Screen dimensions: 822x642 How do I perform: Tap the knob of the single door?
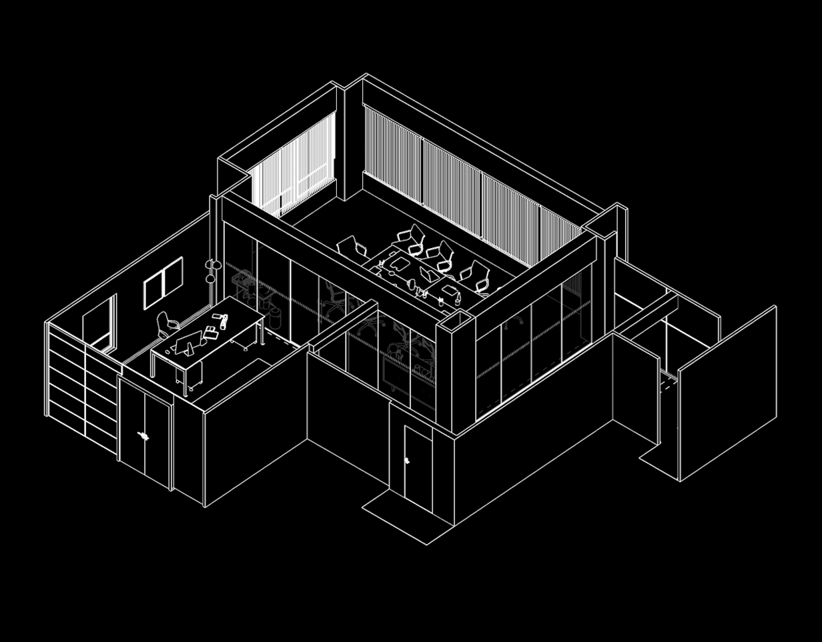[x=408, y=460]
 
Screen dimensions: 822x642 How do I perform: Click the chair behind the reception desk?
[x=165, y=325]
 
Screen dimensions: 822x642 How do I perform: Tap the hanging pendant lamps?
[x=213, y=269]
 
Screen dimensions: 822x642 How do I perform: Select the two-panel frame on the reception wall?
[x=163, y=283]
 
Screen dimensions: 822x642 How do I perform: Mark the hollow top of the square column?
[x=456, y=322]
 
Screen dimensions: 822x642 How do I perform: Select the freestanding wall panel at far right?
[x=727, y=393]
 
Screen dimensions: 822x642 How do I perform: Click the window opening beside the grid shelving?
[x=100, y=325]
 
